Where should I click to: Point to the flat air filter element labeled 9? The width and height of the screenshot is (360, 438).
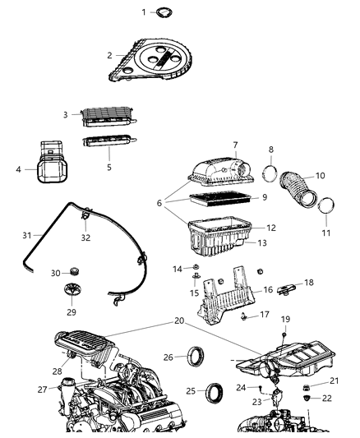pyautogui.click(x=216, y=198)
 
